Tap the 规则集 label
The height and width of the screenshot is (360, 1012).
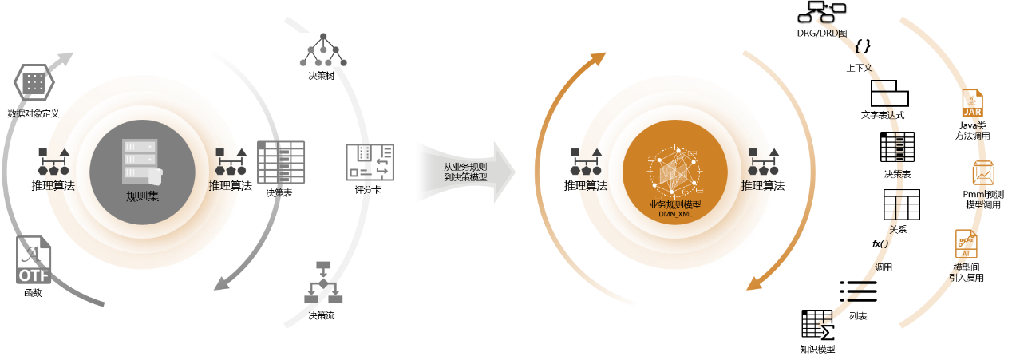142,196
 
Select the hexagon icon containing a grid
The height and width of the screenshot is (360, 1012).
34,82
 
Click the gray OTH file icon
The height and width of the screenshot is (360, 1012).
34,261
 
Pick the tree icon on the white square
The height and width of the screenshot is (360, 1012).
323,49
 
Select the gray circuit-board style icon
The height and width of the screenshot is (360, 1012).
370,162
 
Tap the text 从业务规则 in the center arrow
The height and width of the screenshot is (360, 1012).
465,167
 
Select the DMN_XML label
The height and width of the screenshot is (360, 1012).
675,214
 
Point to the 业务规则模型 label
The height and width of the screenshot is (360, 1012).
674,204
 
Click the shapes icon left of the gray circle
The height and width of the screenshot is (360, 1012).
53,161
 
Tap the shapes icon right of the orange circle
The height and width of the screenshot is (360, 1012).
763,161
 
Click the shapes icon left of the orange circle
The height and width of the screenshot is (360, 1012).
587,161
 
